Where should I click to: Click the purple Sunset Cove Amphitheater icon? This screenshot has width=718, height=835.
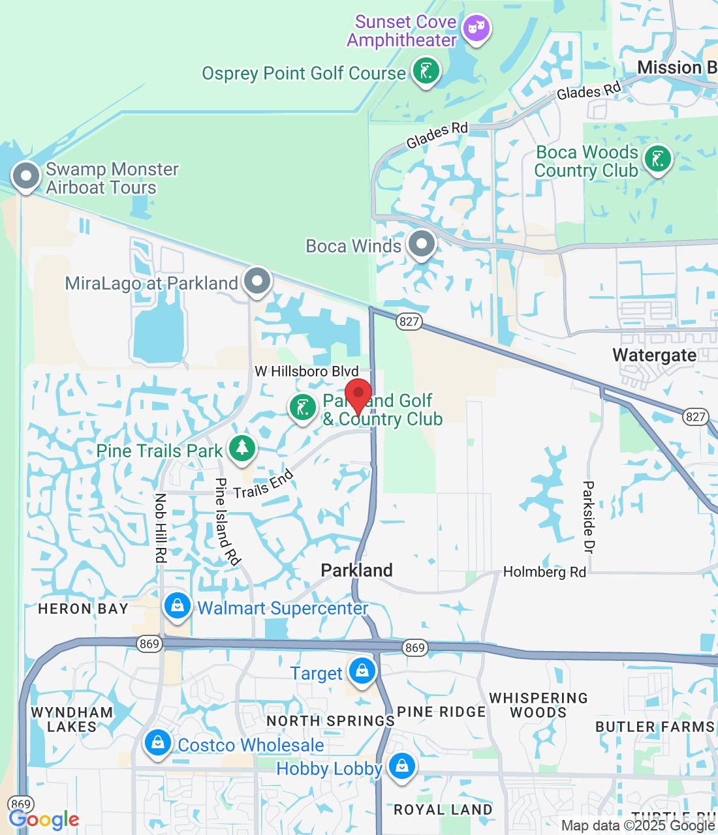point(476,28)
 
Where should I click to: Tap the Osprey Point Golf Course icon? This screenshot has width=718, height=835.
point(426,71)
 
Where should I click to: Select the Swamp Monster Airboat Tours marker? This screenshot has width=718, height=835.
point(27,175)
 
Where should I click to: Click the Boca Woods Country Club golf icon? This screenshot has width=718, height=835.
point(657,159)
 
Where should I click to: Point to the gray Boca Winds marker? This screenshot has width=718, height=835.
point(421,245)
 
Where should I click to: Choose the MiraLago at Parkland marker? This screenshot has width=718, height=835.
point(257,281)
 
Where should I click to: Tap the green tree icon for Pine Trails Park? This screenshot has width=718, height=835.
point(242,448)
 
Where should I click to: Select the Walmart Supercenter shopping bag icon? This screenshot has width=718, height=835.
point(177,606)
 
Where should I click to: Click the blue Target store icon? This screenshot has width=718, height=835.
point(362,671)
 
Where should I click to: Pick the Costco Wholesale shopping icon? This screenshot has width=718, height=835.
point(157,742)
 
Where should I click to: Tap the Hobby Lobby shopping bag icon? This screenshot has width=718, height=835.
point(401,765)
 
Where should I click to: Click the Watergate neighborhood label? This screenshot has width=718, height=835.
point(654,355)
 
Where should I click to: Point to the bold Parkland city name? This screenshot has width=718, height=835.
point(356,570)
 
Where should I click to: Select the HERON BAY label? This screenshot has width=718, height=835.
point(83,609)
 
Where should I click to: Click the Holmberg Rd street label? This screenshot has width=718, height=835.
point(544,572)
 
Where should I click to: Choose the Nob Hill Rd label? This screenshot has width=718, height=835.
point(161,528)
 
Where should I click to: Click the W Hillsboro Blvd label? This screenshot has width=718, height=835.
point(307,371)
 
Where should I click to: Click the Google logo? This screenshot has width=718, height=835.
point(44,819)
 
